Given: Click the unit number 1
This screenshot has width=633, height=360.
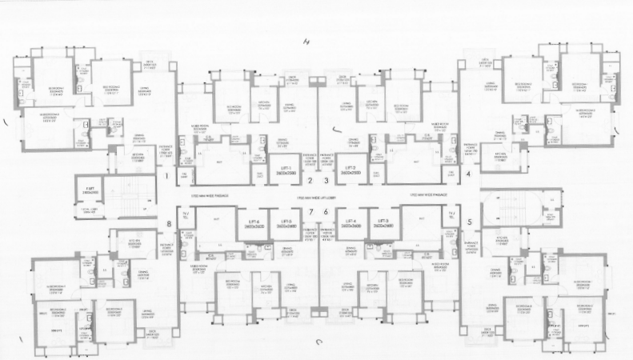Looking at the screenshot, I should tap(166, 174).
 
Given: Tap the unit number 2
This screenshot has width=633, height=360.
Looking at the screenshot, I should tap(310, 181).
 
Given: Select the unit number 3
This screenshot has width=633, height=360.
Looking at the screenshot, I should tap(326, 181).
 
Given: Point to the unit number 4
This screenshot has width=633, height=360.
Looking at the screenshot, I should tap(468, 174).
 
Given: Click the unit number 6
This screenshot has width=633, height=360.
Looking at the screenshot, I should tap(326, 211).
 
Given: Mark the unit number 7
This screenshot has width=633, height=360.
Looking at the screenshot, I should tap(310, 211).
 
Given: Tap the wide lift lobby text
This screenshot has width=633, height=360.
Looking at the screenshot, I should tap(318, 196).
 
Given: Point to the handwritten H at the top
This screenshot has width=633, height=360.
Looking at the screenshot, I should tap(305, 42).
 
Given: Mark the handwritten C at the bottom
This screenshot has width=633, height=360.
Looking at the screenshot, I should tap(319, 342).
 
